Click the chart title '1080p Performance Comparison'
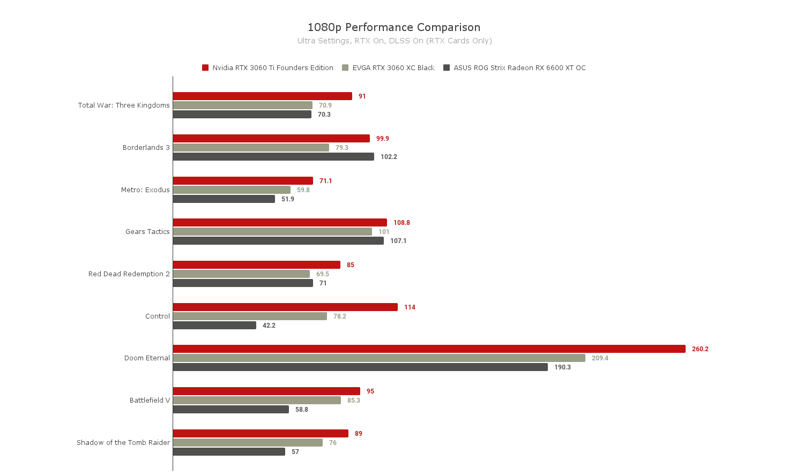(394, 27)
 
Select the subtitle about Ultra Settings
(395, 41)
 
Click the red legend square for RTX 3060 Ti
(205, 67)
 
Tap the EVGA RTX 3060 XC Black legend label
(393, 67)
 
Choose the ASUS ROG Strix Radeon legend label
(519, 67)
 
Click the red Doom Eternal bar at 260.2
(429, 349)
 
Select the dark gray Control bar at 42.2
(214, 326)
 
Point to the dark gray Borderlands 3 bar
(273, 157)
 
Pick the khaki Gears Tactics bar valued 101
(272, 232)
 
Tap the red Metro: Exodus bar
(243, 181)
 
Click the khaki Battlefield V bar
(257, 401)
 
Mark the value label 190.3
(562, 367)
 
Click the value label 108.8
(402, 223)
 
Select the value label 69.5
(323, 274)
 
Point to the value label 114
(410, 307)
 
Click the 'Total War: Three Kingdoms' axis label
(124, 105)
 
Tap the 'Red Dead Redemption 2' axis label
(129, 274)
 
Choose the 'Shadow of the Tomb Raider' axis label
(123, 443)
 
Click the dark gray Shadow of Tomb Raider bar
(229, 452)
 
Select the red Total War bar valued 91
(263, 96)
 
